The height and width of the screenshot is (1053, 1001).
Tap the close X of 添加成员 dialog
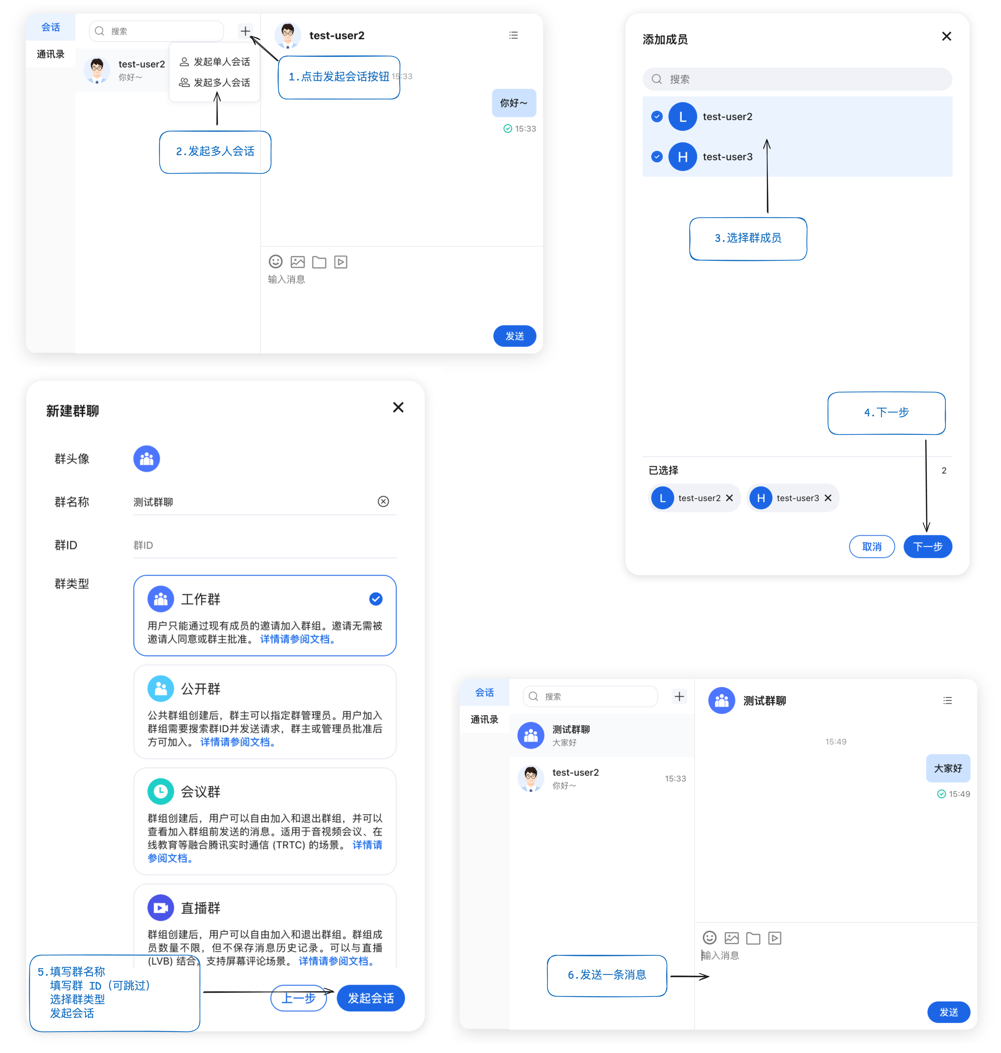(x=946, y=36)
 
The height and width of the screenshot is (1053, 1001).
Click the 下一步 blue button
(x=927, y=547)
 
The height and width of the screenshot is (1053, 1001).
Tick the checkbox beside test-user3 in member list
(x=657, y=157)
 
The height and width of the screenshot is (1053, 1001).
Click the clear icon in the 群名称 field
(x=383, y=502)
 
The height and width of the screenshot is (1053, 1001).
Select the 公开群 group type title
(x=201, y=689)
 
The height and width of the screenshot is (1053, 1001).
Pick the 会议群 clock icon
(x=161, y=792)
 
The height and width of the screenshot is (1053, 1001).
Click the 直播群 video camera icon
(x=161, y=908)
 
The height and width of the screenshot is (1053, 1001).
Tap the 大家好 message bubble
(x=948, y=768)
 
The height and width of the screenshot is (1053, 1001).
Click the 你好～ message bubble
(x=513, y=103)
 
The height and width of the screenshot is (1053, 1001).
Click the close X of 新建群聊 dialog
(x=398, y=407)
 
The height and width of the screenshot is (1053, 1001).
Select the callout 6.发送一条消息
(x=607, y=975)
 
